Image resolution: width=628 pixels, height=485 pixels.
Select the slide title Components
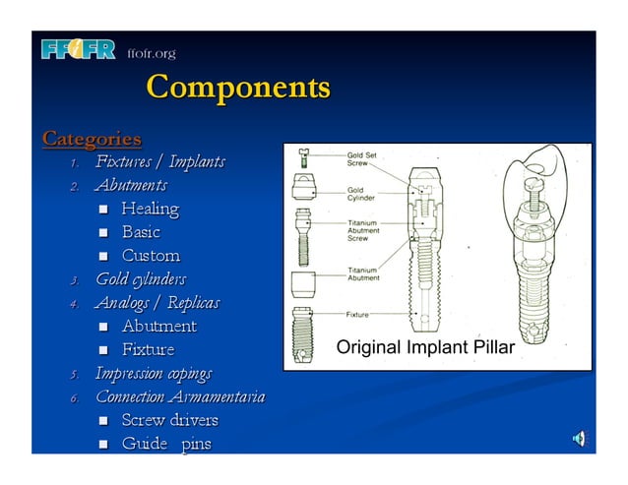(237, 89)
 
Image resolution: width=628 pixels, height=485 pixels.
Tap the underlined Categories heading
(92, 138)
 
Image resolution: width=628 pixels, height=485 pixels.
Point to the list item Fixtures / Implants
(159, 161)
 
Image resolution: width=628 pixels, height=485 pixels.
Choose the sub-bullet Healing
(150, 209)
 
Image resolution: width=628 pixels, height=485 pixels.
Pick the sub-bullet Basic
(140, 232)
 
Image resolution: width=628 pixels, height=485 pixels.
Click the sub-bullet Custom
(151, 256)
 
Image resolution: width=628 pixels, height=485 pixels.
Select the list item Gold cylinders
(140, 279)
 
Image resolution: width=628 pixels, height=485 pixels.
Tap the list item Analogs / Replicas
(157, 302)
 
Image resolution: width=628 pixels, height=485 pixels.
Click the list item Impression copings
(153, 373)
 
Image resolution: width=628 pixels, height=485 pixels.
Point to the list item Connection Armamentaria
(179, 396)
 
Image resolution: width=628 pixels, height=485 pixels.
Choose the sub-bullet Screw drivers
(169, 420)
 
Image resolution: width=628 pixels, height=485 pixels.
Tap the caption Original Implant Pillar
(425, 346)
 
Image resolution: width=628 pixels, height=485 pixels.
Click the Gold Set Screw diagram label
(362, 159)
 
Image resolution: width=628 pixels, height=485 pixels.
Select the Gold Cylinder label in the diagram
(360, 194)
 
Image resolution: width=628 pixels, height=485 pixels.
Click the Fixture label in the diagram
(357, 315)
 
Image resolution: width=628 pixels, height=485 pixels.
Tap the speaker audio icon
(581, 438)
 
